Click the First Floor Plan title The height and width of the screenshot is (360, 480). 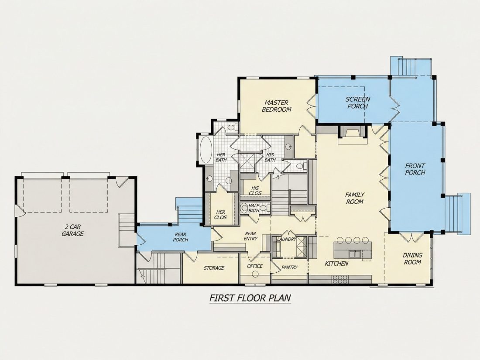[x=250, y=298]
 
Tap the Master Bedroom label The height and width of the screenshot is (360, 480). [x=276, y=106]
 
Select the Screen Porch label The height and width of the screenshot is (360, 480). [x=357, y=103]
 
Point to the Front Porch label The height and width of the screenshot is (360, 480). [x=415, y=169]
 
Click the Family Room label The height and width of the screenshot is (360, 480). [x=354, y=198]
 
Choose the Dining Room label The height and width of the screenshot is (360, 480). [x=412, y=258]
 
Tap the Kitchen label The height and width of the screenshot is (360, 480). [x=336, y=263]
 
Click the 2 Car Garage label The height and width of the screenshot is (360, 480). [x=72, y=230]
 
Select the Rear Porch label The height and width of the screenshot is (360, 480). [x=181, y=237]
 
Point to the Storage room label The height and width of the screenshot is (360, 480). [x=214, y=268]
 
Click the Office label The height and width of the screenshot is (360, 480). [x=255, y=266]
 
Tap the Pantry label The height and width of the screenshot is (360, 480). [x=290, y=267]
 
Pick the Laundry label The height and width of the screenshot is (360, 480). [x=287, y=239]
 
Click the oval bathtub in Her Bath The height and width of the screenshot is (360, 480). [x=206, y=150]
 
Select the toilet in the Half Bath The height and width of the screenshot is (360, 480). [x=244, y=208]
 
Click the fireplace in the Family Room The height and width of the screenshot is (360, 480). [x=352, y=134]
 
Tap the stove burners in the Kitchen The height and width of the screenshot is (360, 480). [x=340, y=279]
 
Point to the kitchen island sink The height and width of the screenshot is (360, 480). [x=355, y=254]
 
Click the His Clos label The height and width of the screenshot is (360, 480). [x=255, y=190]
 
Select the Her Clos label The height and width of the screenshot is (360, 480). [x=221, y=215]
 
